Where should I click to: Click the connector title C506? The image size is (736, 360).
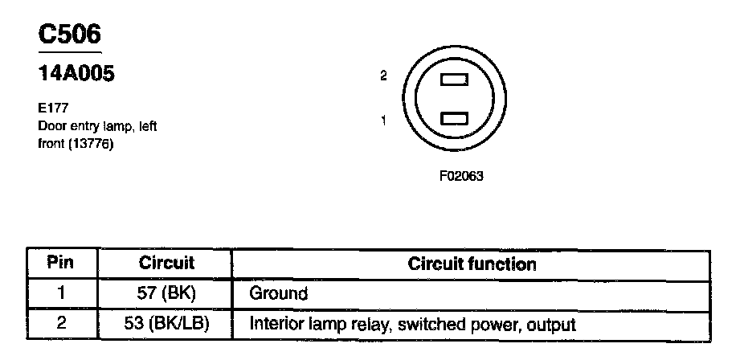(70, 35)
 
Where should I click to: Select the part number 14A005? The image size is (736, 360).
(77, 75)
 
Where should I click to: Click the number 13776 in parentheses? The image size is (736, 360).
(92, 145)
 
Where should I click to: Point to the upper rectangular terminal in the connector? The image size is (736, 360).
(455, 80)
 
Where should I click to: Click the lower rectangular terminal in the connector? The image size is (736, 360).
(455, 119)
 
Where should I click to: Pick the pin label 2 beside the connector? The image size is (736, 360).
(384, 76)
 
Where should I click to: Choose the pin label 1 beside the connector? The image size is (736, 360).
(384, 121)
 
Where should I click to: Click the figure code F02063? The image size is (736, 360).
(461, 175)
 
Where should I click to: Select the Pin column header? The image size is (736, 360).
(61, 263)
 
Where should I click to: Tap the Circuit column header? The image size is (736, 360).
(166, 263)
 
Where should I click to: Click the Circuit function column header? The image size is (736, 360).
(472, 264)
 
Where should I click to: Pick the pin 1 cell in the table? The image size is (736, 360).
(61, 293)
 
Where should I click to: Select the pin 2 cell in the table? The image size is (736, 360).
(61, 325)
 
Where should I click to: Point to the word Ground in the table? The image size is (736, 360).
(279, 294)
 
